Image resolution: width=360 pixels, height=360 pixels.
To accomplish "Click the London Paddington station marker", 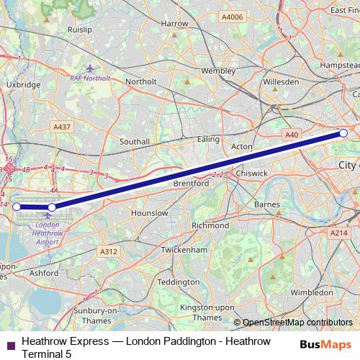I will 343,133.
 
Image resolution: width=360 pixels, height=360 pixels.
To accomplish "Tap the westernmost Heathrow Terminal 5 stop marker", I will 17,207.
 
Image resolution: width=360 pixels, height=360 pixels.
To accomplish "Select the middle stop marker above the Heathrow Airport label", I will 52,207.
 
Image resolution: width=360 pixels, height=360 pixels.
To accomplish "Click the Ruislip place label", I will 79,31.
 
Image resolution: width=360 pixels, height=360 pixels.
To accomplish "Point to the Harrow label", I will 175,24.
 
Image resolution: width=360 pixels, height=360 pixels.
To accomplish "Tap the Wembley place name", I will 217,71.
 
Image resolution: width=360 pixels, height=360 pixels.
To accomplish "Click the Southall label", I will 135,142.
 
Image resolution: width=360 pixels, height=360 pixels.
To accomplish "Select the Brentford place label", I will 191,184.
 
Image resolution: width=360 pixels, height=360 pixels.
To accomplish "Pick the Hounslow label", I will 150,214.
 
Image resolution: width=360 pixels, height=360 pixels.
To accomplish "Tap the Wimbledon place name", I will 312,294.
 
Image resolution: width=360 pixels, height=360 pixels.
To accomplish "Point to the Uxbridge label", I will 23,84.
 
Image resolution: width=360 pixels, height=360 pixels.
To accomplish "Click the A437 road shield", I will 61,127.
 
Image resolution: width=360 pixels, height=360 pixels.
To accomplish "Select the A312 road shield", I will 108,251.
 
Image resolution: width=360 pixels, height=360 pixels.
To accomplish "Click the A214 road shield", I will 338,233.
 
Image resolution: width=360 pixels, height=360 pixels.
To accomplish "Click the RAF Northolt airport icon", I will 89,68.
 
